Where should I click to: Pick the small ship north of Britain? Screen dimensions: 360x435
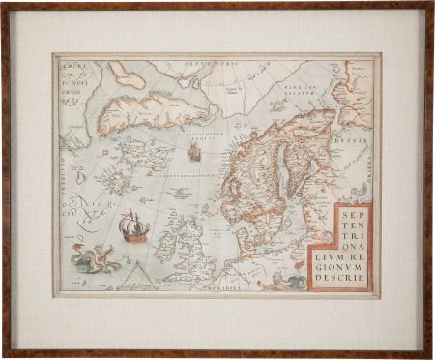pyautogui.click(x=193, y=152)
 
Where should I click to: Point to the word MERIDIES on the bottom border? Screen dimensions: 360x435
pyautogui.click(x=227, y=287)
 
